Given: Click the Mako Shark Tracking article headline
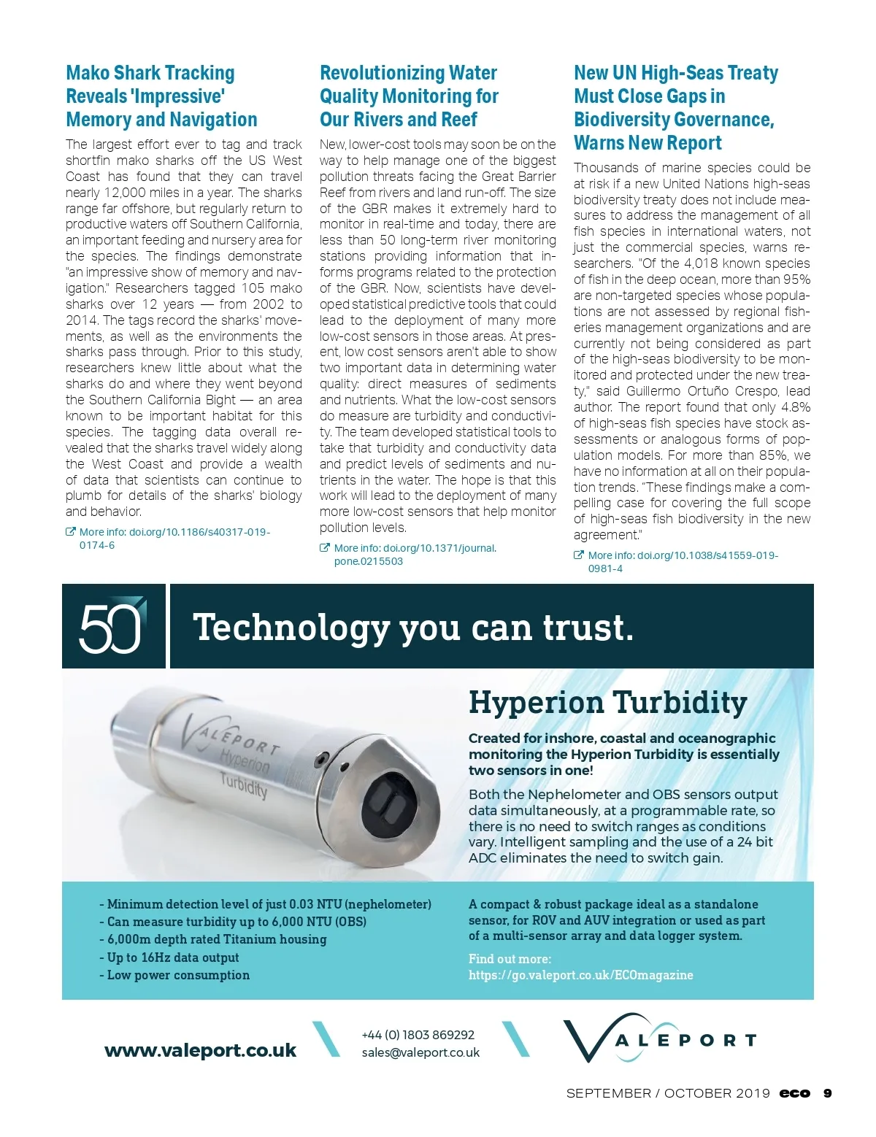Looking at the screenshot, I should coord(161,96).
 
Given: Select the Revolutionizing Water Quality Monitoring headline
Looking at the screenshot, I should coord(409,96).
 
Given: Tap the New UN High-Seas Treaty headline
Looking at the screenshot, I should coord(675,108).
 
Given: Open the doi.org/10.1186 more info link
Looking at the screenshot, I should coord(174,539).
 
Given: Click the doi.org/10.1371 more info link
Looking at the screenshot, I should coord(415,555).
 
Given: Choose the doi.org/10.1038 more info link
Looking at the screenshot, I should coord(683,562).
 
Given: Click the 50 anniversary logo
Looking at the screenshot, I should coord(112,626).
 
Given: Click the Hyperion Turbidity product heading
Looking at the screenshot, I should coord(607,703).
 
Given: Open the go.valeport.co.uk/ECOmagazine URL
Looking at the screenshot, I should coord(580,975).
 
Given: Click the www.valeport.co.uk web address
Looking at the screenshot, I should coord(201,1050).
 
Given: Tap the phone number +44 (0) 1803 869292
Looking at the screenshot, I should coord(418,1035).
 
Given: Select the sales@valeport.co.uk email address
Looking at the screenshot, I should coord(420,1052).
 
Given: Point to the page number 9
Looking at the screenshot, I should coord(827,1093).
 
